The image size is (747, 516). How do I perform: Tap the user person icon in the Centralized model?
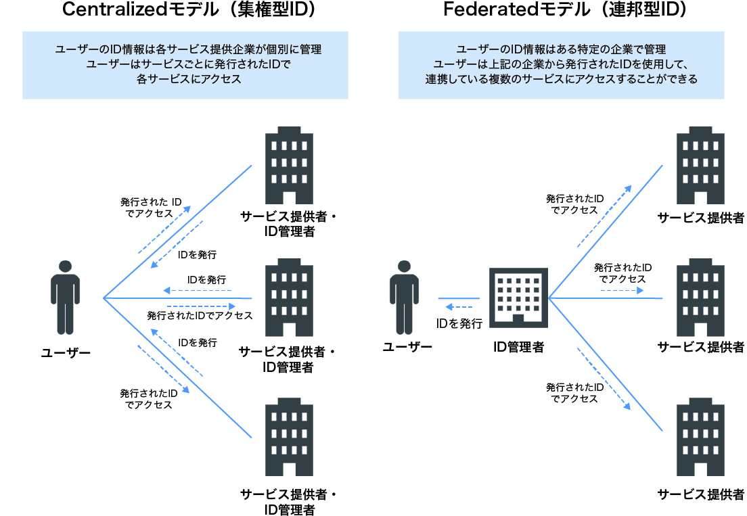[x=66, y=297]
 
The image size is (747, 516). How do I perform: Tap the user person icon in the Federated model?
[x=405, y=297]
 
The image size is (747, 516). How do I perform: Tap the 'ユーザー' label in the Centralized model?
[x=66, y=352]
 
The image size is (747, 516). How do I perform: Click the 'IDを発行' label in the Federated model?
[x=459, y=323]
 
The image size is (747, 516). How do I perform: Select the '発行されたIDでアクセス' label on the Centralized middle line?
[x=200, y=316]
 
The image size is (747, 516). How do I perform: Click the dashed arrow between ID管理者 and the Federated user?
[x=458, y=307]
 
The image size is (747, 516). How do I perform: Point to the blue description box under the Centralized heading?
[x=185, y=64]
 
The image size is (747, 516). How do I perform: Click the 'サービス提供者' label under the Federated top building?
[x=701, y=218]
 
